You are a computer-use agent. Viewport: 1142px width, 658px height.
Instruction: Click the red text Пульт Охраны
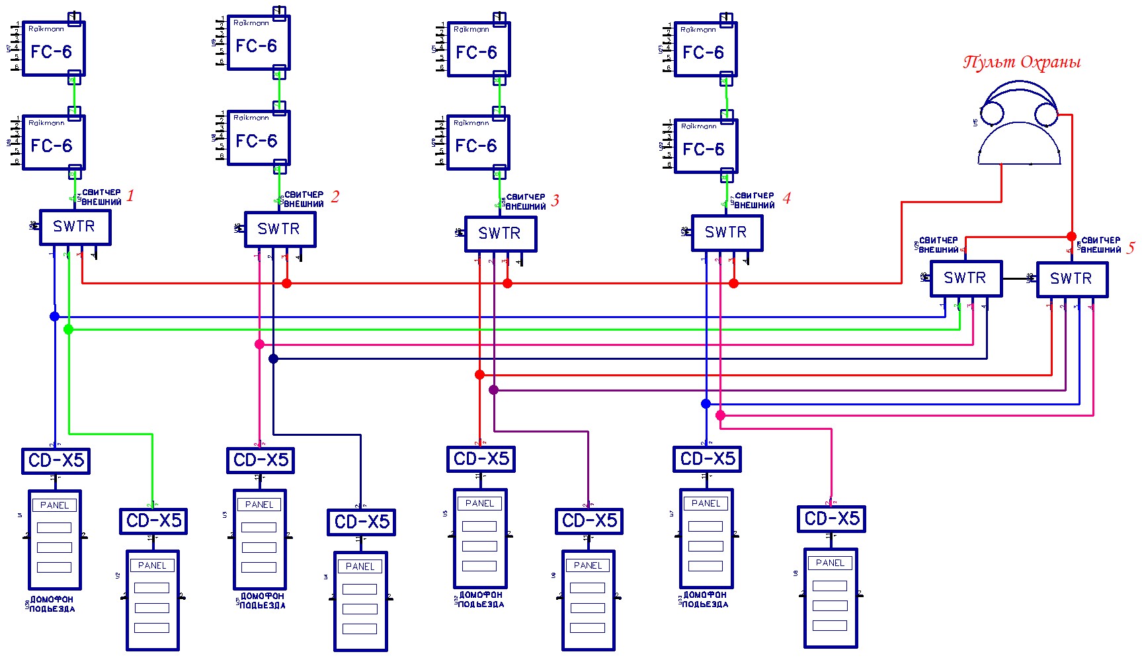coord(1022,62)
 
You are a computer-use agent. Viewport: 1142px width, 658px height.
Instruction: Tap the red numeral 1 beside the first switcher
coord(130,195)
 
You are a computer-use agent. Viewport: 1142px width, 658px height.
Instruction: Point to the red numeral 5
coord(1131,247)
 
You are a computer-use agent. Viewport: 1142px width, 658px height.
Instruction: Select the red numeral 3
coord(555,200)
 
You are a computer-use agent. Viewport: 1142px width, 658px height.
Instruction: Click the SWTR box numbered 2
coord(280,229)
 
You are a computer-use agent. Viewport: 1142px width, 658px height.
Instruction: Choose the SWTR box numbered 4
coord(727,233)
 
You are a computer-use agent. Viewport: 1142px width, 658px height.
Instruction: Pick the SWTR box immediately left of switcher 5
coord(965,278)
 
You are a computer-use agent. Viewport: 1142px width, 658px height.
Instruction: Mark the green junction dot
coord(69,329)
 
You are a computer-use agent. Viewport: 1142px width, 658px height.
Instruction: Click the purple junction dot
coord(493,390)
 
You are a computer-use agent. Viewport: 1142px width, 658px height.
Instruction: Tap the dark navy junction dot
coord(273,358)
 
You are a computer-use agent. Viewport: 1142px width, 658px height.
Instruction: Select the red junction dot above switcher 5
coord(1072,236)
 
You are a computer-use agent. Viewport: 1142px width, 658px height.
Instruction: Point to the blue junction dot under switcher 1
coord(55,316)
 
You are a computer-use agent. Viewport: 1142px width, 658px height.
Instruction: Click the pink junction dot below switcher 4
coord(720,415)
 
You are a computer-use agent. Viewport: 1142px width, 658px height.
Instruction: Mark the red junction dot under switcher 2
coord(286,283)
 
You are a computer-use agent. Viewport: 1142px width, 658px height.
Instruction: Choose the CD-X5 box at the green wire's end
coord(153,521)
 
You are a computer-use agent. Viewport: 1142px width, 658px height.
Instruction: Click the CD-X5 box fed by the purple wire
coord(589,521)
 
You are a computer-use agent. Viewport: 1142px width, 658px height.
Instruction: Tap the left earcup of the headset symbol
coord(992,114)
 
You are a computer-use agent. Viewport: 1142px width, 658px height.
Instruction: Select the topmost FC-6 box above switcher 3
coord(479,50)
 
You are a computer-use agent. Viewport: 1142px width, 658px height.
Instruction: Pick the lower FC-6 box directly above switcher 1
coord(54,143)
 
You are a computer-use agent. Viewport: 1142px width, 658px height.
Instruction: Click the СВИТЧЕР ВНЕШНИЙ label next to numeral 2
coord(304,200)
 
